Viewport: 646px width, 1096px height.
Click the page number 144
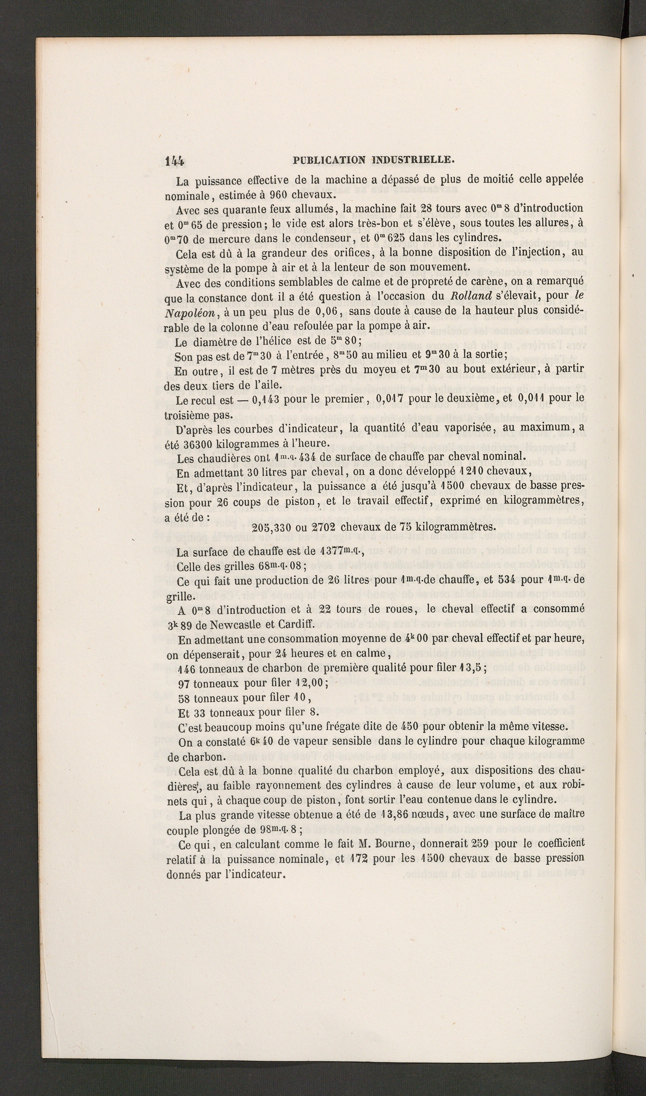tap(175, 161)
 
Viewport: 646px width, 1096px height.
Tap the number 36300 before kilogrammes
tap(202, 443)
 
